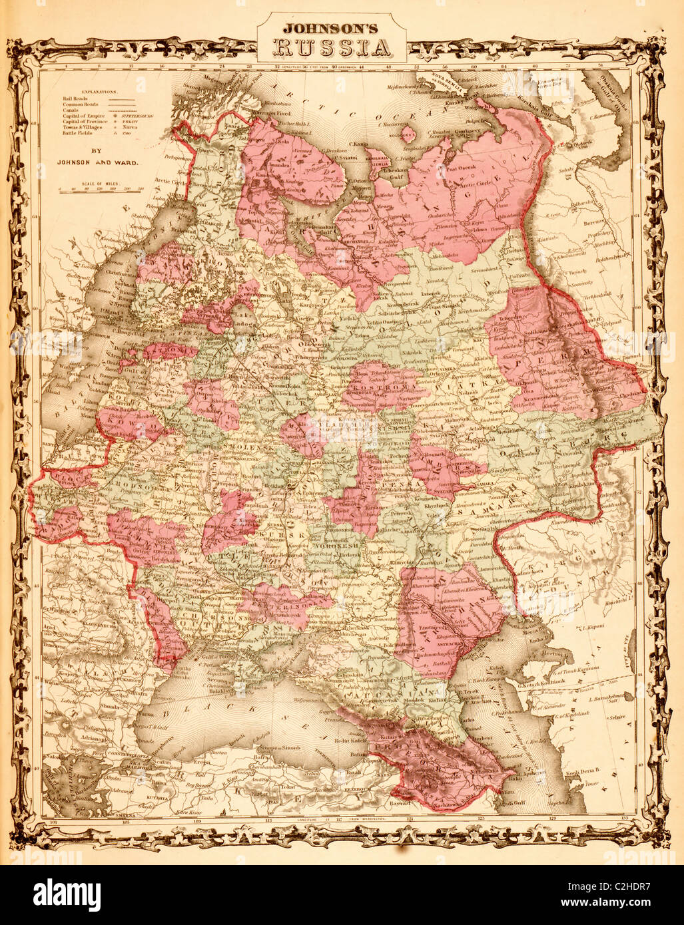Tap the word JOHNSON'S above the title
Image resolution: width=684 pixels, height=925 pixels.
coord(332,29)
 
